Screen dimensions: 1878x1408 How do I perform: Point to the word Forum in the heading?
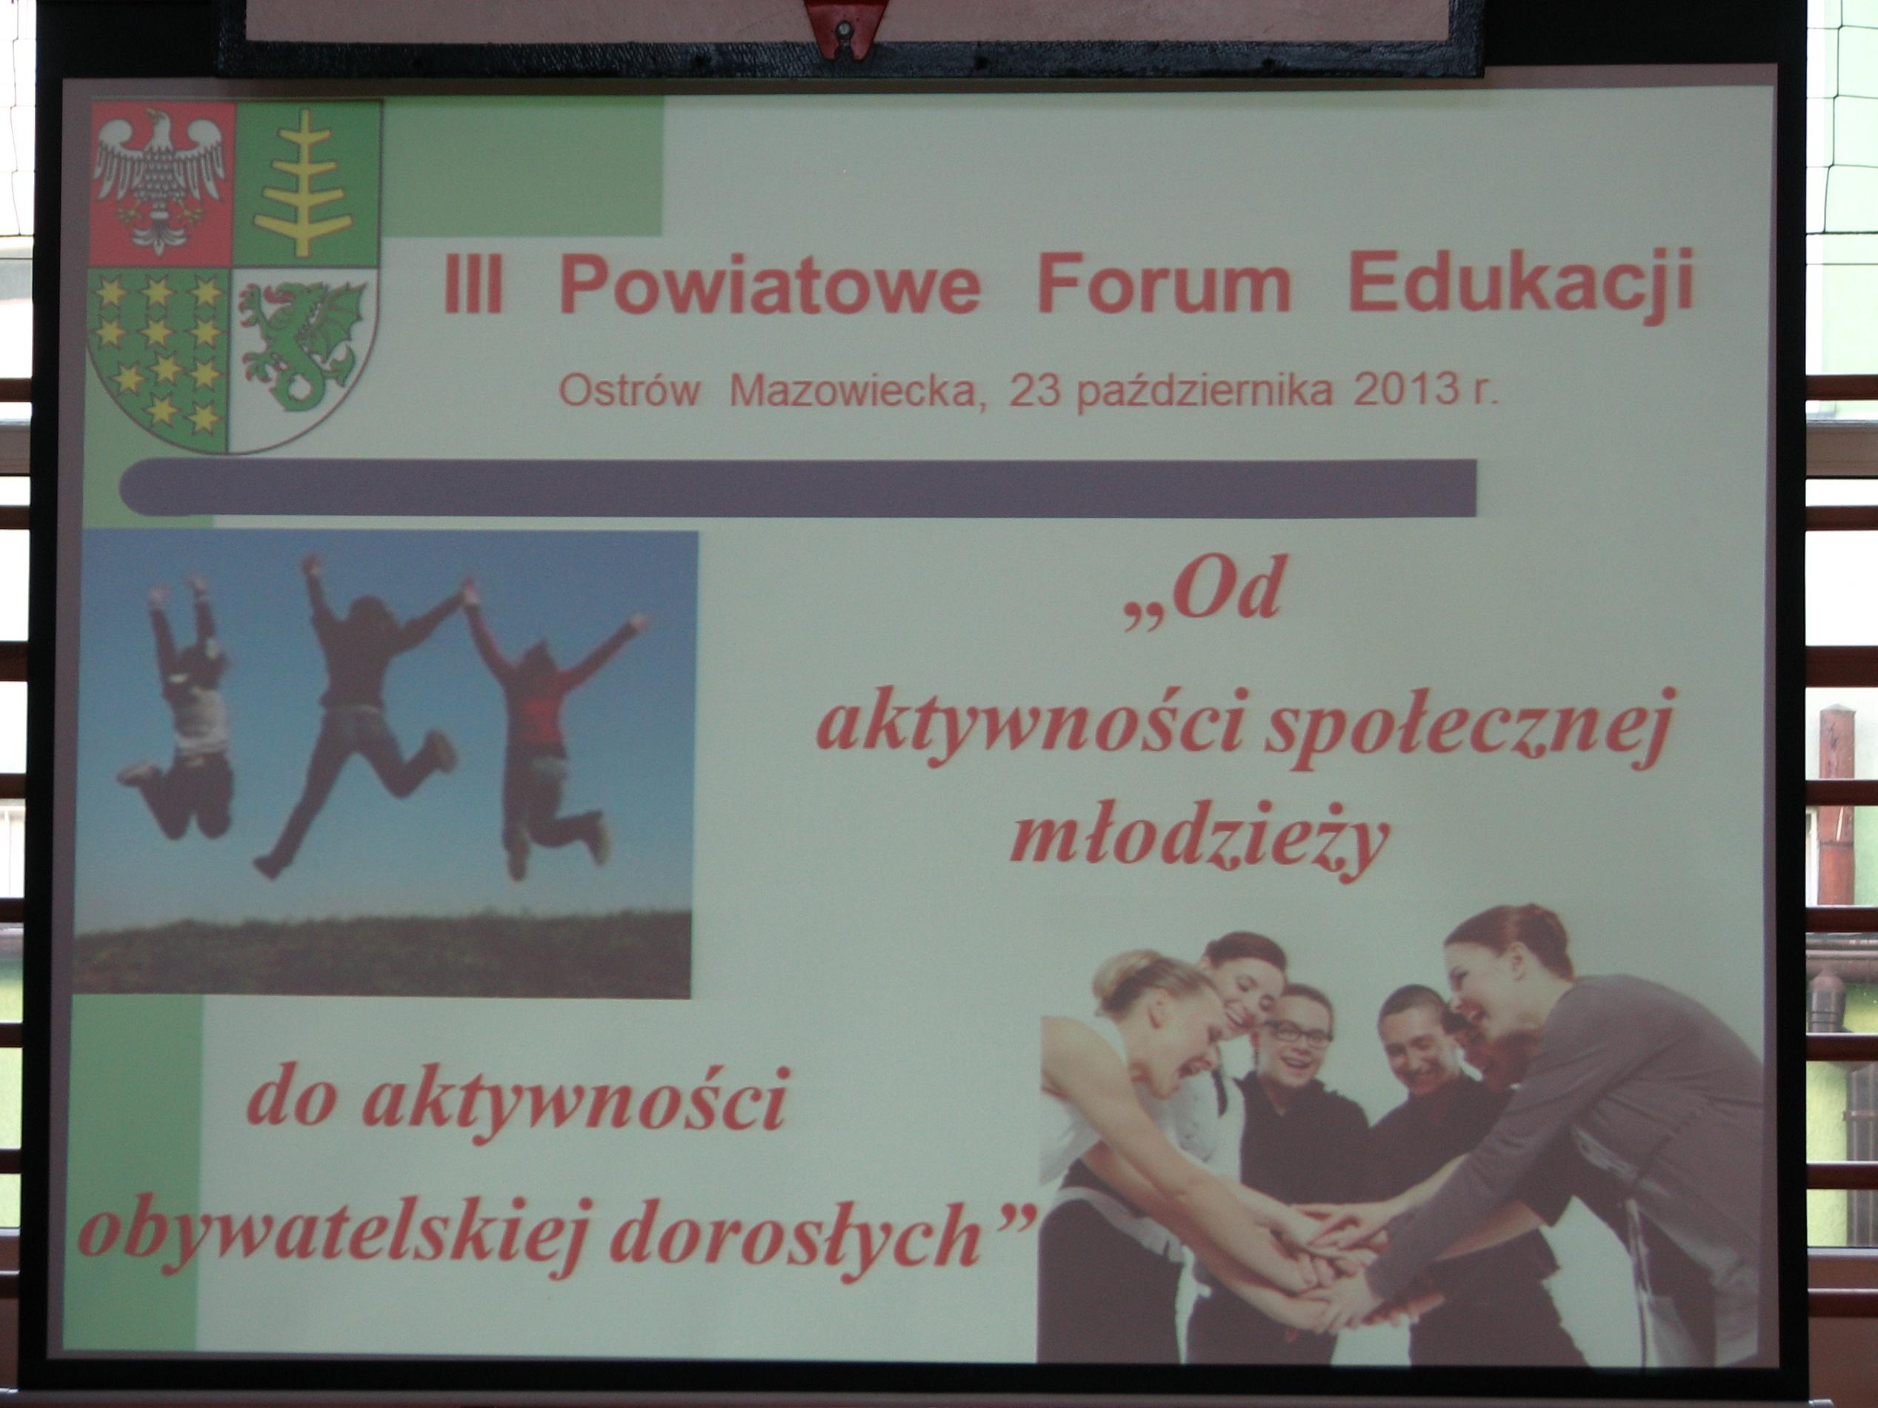[x=1163, y=284]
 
